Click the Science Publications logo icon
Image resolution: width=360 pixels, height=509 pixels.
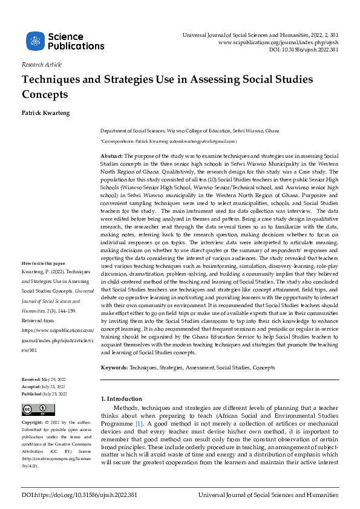click(35, 41)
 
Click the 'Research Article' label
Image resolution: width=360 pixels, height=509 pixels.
click(41, 65)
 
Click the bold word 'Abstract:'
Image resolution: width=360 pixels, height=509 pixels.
click(111, 156)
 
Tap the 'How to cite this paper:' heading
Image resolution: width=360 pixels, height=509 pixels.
click(44, 280)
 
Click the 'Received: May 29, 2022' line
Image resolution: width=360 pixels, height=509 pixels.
click(44, 377)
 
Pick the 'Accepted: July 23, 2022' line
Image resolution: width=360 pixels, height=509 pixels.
click(44, 386)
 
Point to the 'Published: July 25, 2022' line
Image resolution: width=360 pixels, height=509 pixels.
click(44, 394)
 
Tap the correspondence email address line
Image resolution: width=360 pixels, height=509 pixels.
click(168, 141)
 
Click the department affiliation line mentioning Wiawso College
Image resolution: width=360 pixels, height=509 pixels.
click(189, 131)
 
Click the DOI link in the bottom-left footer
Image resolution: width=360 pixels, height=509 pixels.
click(79, 494)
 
